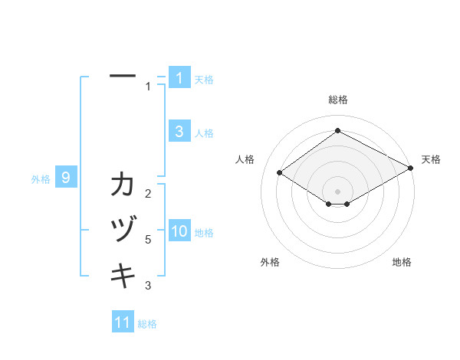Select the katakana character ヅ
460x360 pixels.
coord(123,231)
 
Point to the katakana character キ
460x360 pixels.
coord(123,275)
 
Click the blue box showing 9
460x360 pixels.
coord(66,178)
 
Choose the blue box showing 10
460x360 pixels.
coord(179,232)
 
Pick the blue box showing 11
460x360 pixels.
coord(123,322)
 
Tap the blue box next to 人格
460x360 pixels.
coord(179,132)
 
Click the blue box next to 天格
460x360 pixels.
coord(179,78)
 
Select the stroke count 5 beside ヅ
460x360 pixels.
coord(148,240)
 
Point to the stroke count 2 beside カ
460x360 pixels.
coord(148,193)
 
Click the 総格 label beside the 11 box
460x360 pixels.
coord(147,324)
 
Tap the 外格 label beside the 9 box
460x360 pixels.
coord(41,180)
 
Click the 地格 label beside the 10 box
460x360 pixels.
coord(204,233)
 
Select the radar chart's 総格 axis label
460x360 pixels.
coord(337,100)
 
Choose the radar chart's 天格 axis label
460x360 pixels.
coord(431,159)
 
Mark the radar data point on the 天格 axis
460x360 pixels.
coord(412,169)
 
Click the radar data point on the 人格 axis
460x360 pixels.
coord(280,173)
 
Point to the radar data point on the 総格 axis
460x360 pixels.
coord(337,130)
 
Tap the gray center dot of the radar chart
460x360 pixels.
coord(337,191)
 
